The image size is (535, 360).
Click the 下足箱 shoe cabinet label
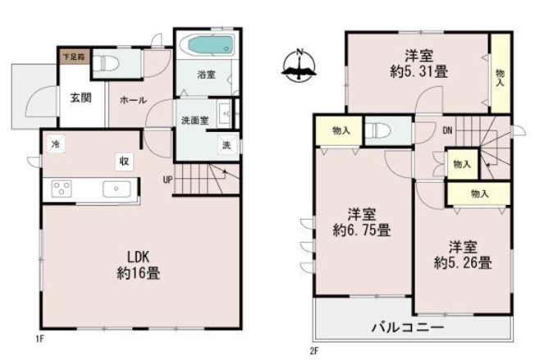coord(72,57)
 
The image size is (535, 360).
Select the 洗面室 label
coord(194,121)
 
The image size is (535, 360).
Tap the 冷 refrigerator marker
coord(55,144)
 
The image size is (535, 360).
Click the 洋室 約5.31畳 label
coord(418,63)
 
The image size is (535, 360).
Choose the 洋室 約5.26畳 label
coord(463,254)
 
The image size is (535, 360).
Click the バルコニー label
coord(409,327)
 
